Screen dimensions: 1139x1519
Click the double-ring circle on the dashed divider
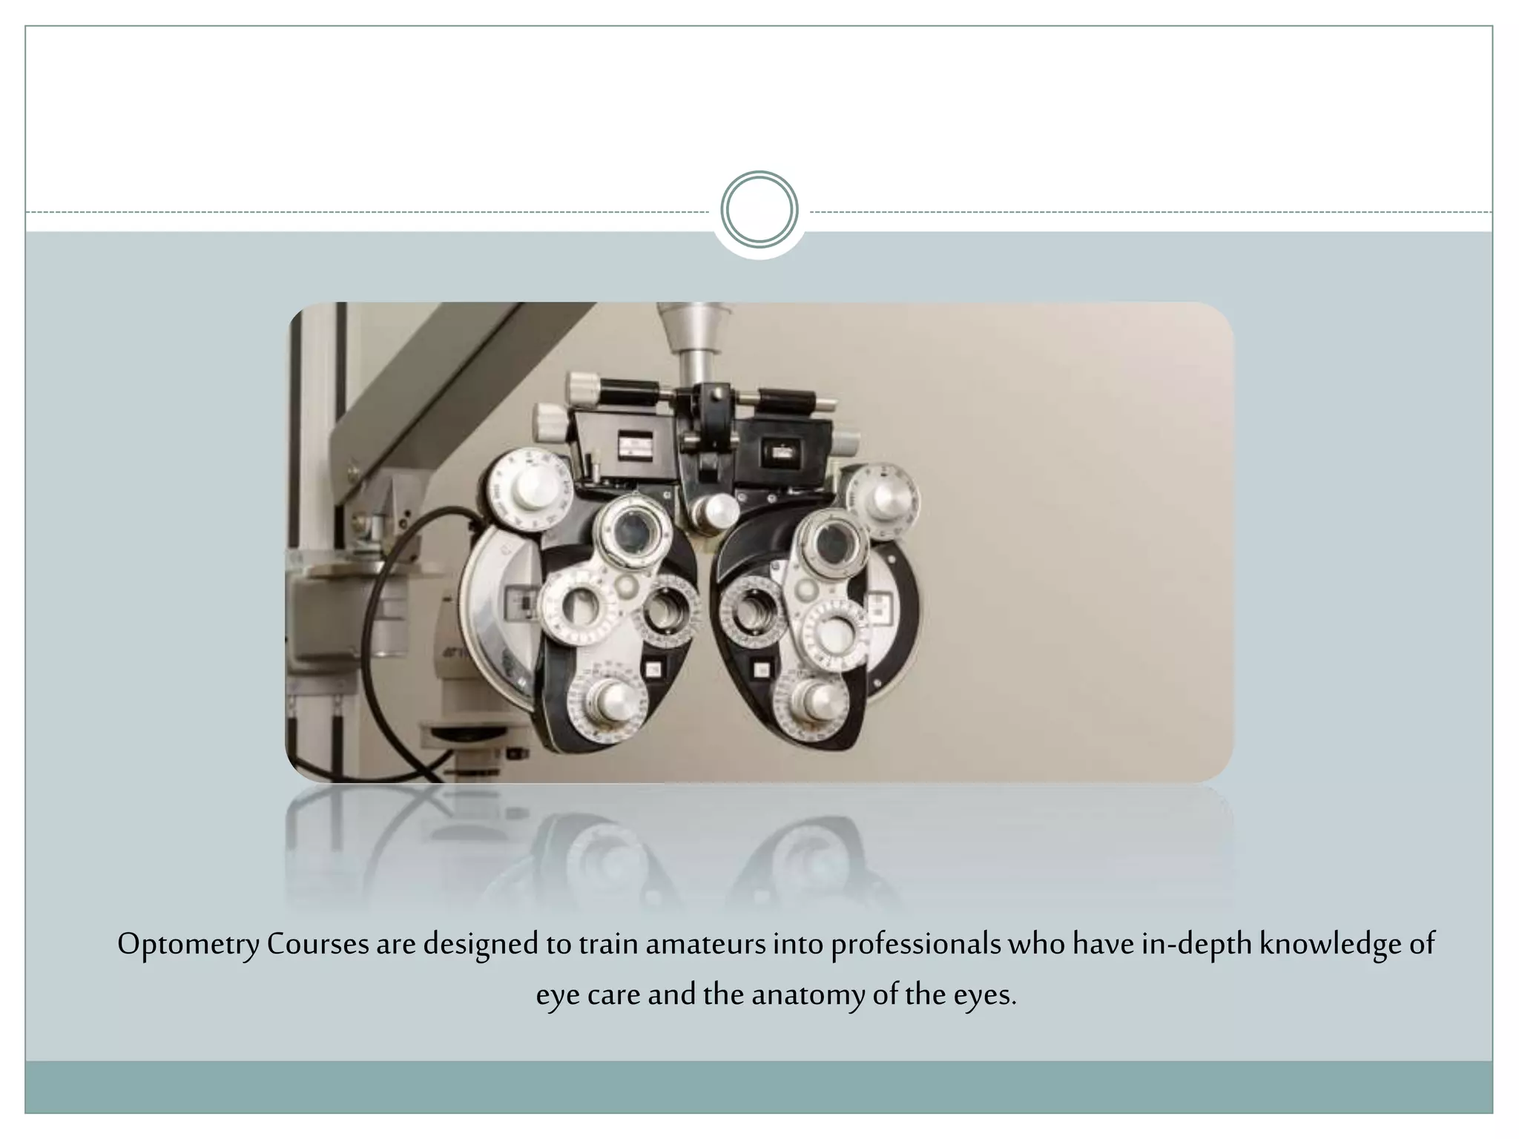[x=759, y=209]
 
